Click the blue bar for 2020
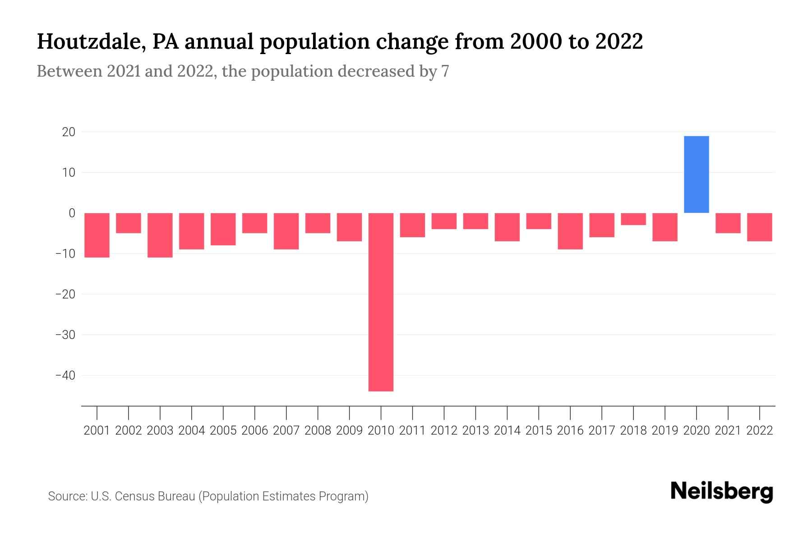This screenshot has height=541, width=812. tap(696, 174)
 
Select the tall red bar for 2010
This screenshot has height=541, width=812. tap(381, 302)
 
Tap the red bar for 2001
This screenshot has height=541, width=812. tap(97, 235)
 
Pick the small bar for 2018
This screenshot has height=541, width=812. tap(633, 219)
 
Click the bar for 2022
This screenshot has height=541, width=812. tap(759, 227)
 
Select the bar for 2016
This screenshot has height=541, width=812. tap(570, 231)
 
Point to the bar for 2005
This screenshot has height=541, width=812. tap(223, 229)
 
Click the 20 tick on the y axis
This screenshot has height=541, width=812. tap(69, 132)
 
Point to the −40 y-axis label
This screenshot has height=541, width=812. tap(65, 376)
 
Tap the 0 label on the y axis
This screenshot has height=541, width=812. tap(72, 213)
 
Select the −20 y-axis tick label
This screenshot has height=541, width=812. tap(65, 294)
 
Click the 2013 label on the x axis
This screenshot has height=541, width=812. tap(475, 431)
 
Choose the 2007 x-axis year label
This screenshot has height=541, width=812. tap(286, 431)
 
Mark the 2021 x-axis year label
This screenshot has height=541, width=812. tap(728, 431)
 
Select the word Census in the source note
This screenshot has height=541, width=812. tap(133, 496)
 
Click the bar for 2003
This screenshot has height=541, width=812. tap(160, 235)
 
